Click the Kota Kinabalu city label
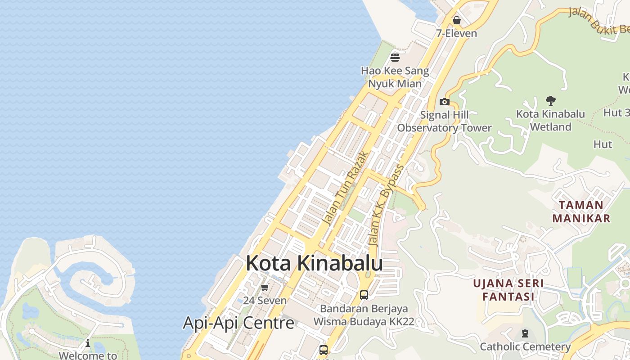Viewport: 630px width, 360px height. (314, 263)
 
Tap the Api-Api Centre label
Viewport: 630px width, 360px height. (238, 323)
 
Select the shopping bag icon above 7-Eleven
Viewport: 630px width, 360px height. (457, 20)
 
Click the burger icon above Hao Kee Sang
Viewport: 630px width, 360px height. (395, 58)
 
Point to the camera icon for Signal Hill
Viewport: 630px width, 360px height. (445, 102)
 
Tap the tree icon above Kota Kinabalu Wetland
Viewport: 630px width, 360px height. (550, 100)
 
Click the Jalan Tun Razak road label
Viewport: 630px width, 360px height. (346, 189)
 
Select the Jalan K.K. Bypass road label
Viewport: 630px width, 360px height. (386, 205)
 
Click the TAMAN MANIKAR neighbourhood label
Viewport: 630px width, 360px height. (581, 211)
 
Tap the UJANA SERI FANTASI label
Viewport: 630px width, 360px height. (508, 290)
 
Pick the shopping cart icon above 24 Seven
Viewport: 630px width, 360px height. (265, 288)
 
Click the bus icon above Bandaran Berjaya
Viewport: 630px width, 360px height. (364, 295)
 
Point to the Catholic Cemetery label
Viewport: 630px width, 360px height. (525, 346)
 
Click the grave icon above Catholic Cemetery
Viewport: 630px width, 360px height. (525, 333)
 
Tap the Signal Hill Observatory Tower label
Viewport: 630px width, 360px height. (444, 121)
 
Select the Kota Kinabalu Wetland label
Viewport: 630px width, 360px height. (550, 120)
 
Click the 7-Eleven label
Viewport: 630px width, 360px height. (456, 33)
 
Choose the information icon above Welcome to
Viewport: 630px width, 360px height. (88, 343)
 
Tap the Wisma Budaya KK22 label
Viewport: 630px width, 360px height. (364, 322)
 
